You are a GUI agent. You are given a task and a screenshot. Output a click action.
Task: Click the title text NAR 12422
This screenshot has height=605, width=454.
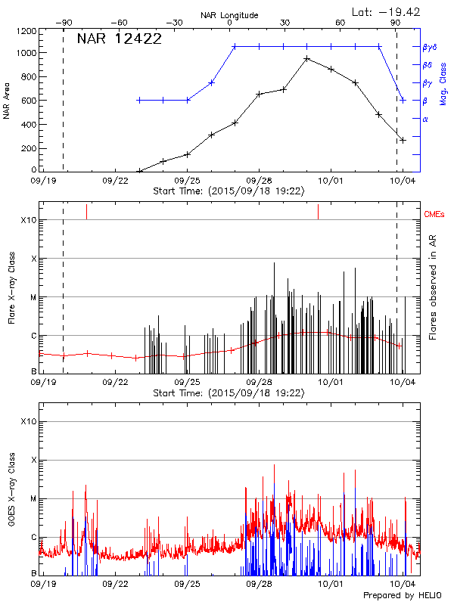point(119,40)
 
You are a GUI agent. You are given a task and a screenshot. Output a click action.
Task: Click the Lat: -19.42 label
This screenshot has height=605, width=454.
point(387,11)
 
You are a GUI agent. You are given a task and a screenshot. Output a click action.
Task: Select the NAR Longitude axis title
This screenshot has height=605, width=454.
point(229,15)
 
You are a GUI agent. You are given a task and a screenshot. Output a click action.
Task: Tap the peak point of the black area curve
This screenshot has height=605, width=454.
point(306,58)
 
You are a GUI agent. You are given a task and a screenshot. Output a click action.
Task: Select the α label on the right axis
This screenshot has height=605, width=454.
point(425,119)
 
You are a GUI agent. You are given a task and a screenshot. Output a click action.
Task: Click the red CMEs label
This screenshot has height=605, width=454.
point(434,216)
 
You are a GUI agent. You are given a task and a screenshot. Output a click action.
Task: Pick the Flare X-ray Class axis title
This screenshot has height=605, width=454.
point(12,288)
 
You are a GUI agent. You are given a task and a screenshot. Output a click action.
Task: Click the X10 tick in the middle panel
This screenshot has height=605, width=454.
point(28,220)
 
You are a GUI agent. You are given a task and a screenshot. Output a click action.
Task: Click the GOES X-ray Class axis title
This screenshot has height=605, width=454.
point(12,489)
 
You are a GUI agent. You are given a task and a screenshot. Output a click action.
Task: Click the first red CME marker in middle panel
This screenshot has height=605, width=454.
point(87,212)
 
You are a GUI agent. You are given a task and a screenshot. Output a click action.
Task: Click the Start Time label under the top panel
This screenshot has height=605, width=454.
point(229,191)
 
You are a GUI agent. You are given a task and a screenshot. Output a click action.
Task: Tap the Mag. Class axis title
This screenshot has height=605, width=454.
point(443,82)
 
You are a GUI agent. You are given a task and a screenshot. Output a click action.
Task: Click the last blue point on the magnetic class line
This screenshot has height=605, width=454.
point(403,100)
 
